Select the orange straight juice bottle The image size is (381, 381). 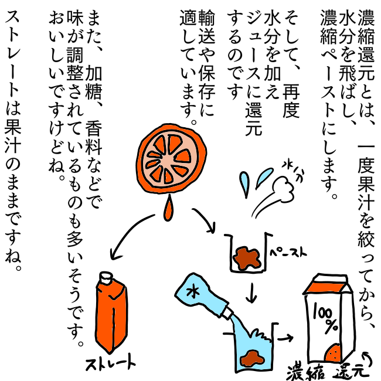click(x=111, y=313)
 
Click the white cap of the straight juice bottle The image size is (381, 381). click(x=107, y=278)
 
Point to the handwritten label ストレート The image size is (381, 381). click(x=111, y=363)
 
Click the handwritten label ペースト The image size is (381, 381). click(x=288, y=253)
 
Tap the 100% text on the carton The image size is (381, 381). click(x=325, y=318)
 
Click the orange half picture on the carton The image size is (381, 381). click(x=333, y=353)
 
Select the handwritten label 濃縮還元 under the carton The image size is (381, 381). click(x=328, y=372)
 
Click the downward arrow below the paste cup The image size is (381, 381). click(x=251, y=293)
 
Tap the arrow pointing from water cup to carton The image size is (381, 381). click(x=285, y=338)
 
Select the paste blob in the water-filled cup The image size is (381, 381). click(x=251, y=358)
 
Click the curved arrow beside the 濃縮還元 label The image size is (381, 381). click(x=368, y=358)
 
